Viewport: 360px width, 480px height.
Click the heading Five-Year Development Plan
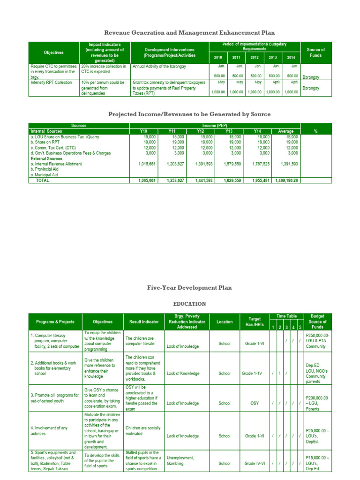coord(189,288)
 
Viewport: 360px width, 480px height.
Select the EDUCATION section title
coord(189,304)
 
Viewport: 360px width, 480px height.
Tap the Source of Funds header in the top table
coord(315,53)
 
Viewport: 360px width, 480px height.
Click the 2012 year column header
coord(255,57)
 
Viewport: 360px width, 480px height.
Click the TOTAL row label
coord(43,180)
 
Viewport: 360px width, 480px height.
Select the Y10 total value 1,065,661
coord(147,180)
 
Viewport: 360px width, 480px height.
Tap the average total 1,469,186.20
coord(286,180)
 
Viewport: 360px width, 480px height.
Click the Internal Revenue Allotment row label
coord(56,164)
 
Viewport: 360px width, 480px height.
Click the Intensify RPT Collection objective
coord(52,82)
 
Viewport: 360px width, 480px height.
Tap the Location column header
coord(224,322)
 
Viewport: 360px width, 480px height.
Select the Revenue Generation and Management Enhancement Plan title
coord(189,32)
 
